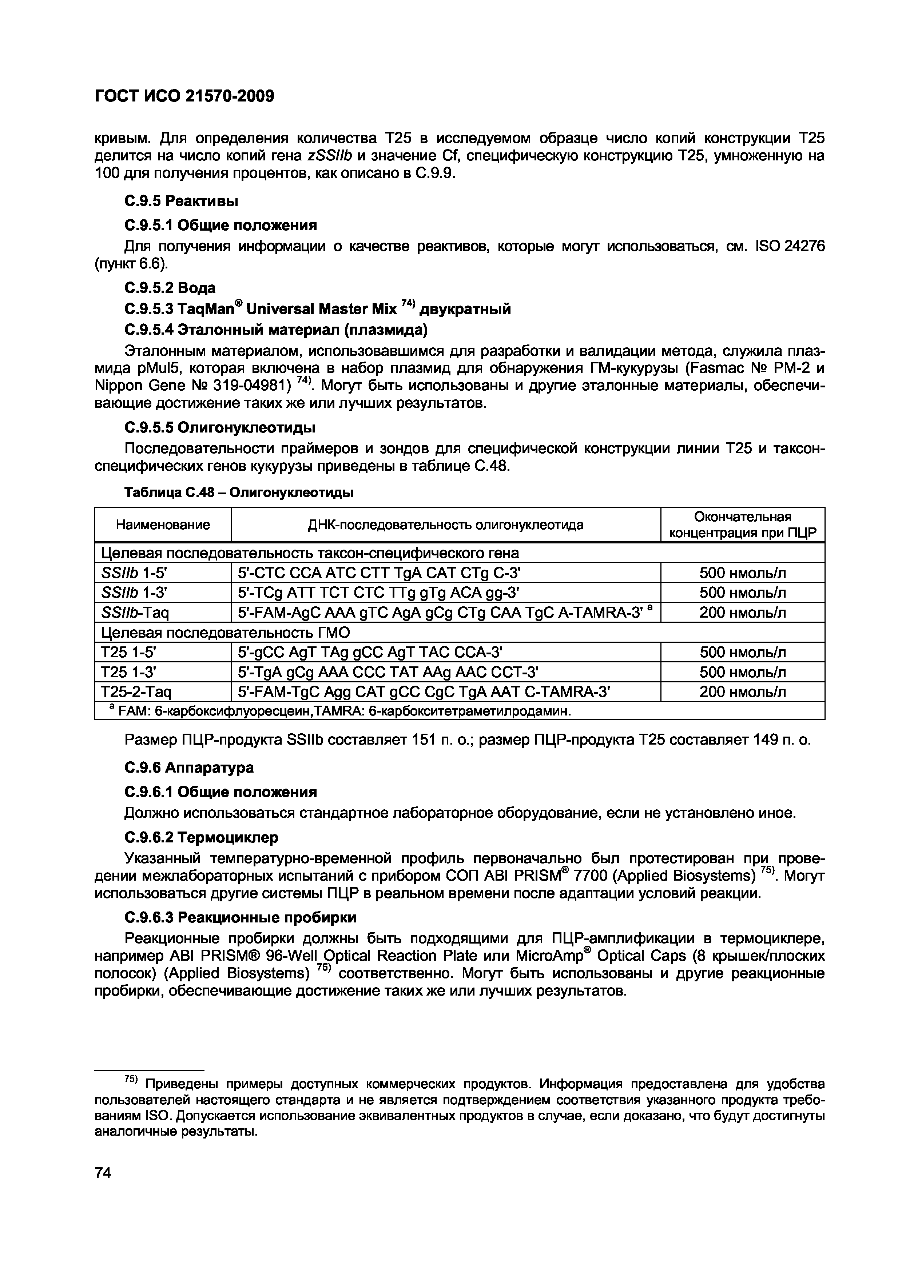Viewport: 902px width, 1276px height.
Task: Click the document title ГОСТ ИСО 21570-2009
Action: coord(184,96)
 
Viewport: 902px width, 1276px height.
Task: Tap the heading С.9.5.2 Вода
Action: coord(170,287)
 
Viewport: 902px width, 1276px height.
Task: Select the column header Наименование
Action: coord(162,525)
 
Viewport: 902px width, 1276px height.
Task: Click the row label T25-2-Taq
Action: coord(136,692)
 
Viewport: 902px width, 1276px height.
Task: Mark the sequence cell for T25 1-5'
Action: coord(370,652)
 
